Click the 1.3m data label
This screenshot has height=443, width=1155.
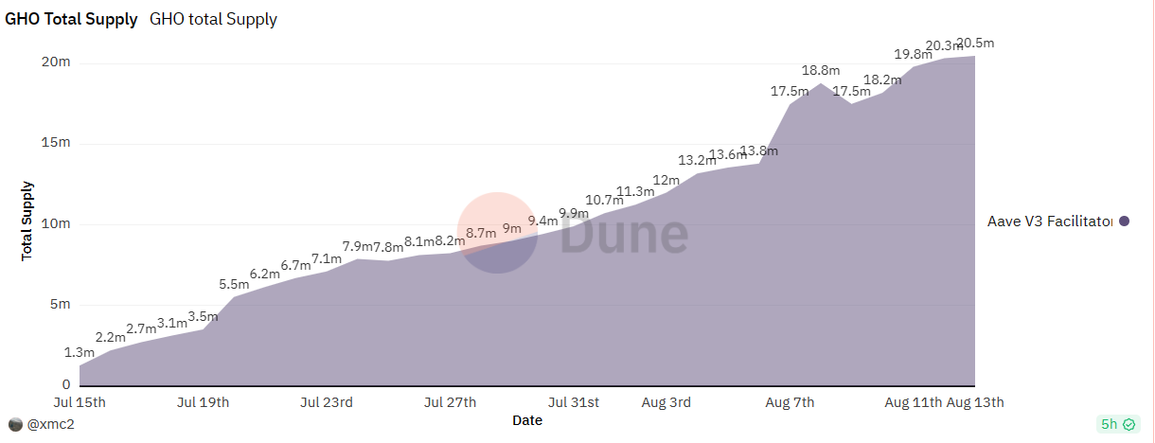[79, 353]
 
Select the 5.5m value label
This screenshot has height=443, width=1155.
[234, 284]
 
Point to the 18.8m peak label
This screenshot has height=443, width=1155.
[820, 70]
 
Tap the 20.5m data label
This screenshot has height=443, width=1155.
[975, 43]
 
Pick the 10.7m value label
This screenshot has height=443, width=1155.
[603, 200]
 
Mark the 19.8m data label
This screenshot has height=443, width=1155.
[913, 53]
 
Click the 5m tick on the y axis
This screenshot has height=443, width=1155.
[61, 305]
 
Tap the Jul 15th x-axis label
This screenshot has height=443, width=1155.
[80, 402]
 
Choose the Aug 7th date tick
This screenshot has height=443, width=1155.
[790, 402]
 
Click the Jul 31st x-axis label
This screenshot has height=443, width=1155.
[574, 402]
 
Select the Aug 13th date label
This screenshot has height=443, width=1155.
[975, 402]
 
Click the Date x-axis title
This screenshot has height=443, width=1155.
[527, 419]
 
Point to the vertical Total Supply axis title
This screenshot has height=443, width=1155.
[27, 221]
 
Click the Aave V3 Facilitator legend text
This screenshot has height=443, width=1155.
[1048, 221]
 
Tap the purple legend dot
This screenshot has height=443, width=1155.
[1124, 221]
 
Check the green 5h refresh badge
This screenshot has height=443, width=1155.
[1116, 425]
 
